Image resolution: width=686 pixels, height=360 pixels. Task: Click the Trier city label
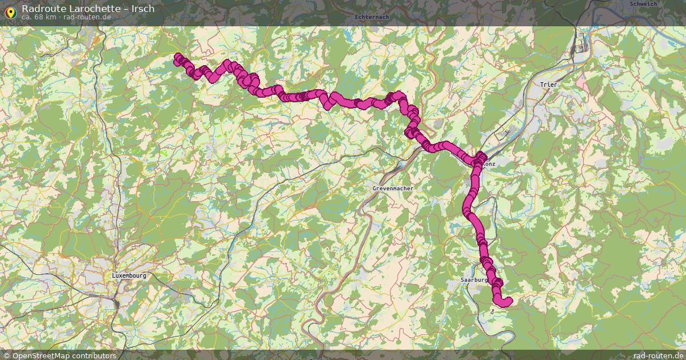(x=548, y=85)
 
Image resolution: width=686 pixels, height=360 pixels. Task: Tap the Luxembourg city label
(x=129, y=275)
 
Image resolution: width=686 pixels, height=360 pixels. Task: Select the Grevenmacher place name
(x=392, y=188)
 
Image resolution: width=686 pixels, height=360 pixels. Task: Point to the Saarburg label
(x=474, y=280)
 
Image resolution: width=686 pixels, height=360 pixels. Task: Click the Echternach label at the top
(x=372, y=17)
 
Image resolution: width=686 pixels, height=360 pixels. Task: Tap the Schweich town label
(x=643, y=4)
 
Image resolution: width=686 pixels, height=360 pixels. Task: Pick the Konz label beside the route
(x=489, y=163)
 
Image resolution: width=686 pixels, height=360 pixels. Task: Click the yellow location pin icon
(x=10, y=13)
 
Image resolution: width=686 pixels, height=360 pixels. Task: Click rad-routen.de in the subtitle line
(x=87, y=17)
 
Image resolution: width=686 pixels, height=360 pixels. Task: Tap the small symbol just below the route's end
(x=492, y=312)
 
